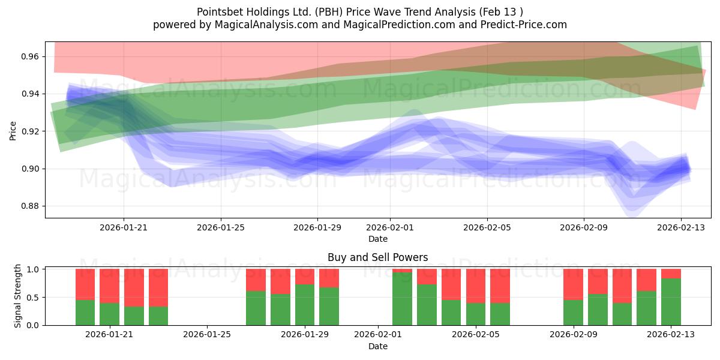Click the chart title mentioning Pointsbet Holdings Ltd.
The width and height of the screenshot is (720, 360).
(x=360, y=11)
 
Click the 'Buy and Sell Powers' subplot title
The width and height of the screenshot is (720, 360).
(x=377, y=257)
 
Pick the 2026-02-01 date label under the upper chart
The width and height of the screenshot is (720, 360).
(x=390, y=228)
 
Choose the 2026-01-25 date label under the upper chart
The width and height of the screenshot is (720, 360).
(x=221, y=228)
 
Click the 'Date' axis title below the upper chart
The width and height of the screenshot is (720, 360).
(x=377, y=239)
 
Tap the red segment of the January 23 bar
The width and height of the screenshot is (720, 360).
(x=158, y=287)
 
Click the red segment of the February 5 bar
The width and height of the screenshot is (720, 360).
(x=476, y=286)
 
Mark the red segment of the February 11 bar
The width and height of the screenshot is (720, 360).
(x=622, y=286)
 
